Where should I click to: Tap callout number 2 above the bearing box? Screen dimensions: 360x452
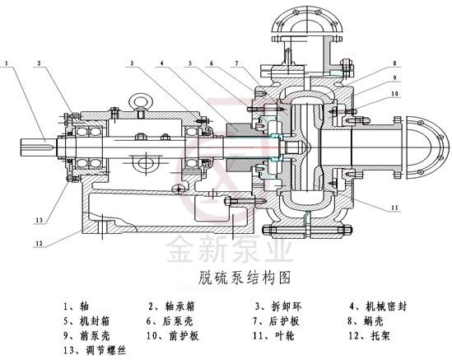point(39,63)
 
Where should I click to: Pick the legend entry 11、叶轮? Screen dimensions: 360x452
point(272,335)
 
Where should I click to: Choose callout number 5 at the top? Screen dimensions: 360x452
point(189,63)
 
